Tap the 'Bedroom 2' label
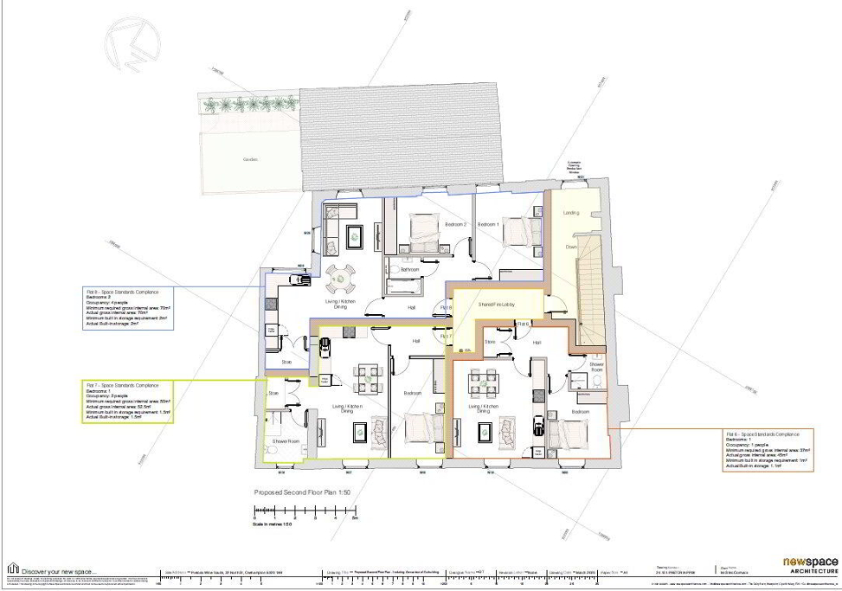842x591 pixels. click(456, 224)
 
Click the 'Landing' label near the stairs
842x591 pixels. click(571, 212)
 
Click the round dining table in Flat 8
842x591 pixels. click(340, 279)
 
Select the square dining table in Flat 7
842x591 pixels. click(367, 377)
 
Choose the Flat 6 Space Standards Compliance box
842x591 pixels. click(768, 450)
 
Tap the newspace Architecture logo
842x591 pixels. click(810, 565)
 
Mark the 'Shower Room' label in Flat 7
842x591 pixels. click(286, 440)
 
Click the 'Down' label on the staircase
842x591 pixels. click(570, 247)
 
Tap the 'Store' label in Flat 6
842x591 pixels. click(489, 342)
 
